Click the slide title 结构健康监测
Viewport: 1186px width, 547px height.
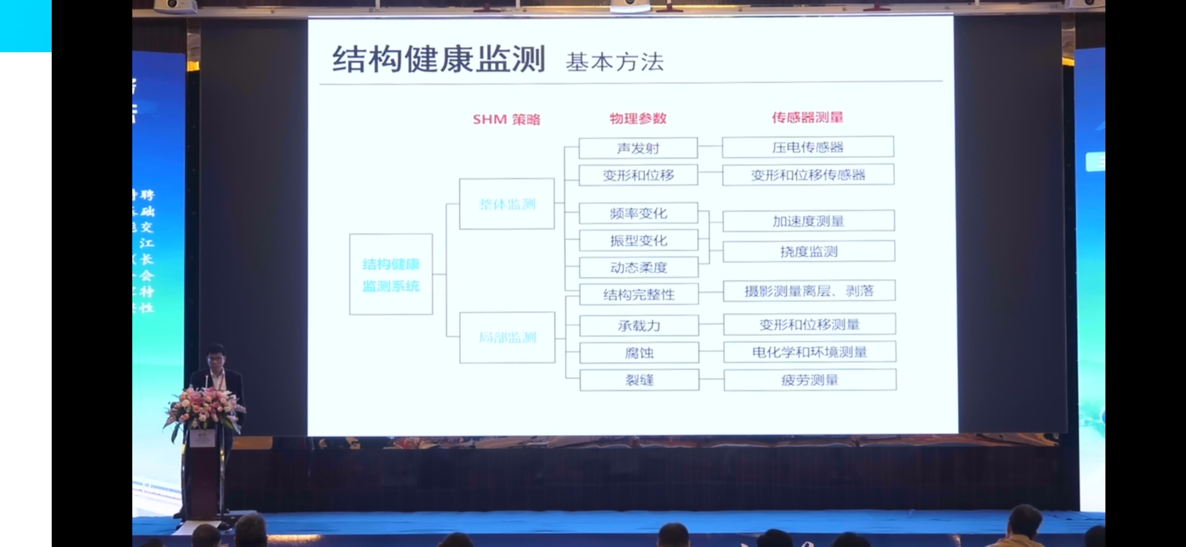[x=438, y=59]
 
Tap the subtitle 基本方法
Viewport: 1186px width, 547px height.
[x=614, y=62]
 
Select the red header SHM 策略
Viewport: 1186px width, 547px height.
[x=506, y=120]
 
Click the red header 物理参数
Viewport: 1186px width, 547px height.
[x=638, y=119]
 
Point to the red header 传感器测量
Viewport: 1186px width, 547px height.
[x=807, y=118]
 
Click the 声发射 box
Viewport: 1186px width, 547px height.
[x=638, y=148]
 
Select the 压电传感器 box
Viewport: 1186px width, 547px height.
[x=808, y=147]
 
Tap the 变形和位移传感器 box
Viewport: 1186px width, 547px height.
[x=808, y=175]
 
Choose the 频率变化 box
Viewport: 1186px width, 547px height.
[x=638, y=213]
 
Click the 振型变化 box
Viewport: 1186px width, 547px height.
[x=639, y=241]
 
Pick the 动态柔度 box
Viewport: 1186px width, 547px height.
[x=639, y=267]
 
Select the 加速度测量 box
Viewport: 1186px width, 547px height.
[x=808, y=221]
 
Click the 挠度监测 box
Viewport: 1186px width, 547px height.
[x=809, y=251]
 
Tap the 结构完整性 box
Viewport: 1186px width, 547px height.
[x=639, y=294]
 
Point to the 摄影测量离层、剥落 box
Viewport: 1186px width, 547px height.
[x=809, y=291]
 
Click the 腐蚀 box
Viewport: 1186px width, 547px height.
[x=639, y=353]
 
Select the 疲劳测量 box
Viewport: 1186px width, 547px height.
[x=810, y=380]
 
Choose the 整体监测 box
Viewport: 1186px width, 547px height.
[x=507, y=204]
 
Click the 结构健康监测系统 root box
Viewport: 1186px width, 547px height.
[x=391, y=274]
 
